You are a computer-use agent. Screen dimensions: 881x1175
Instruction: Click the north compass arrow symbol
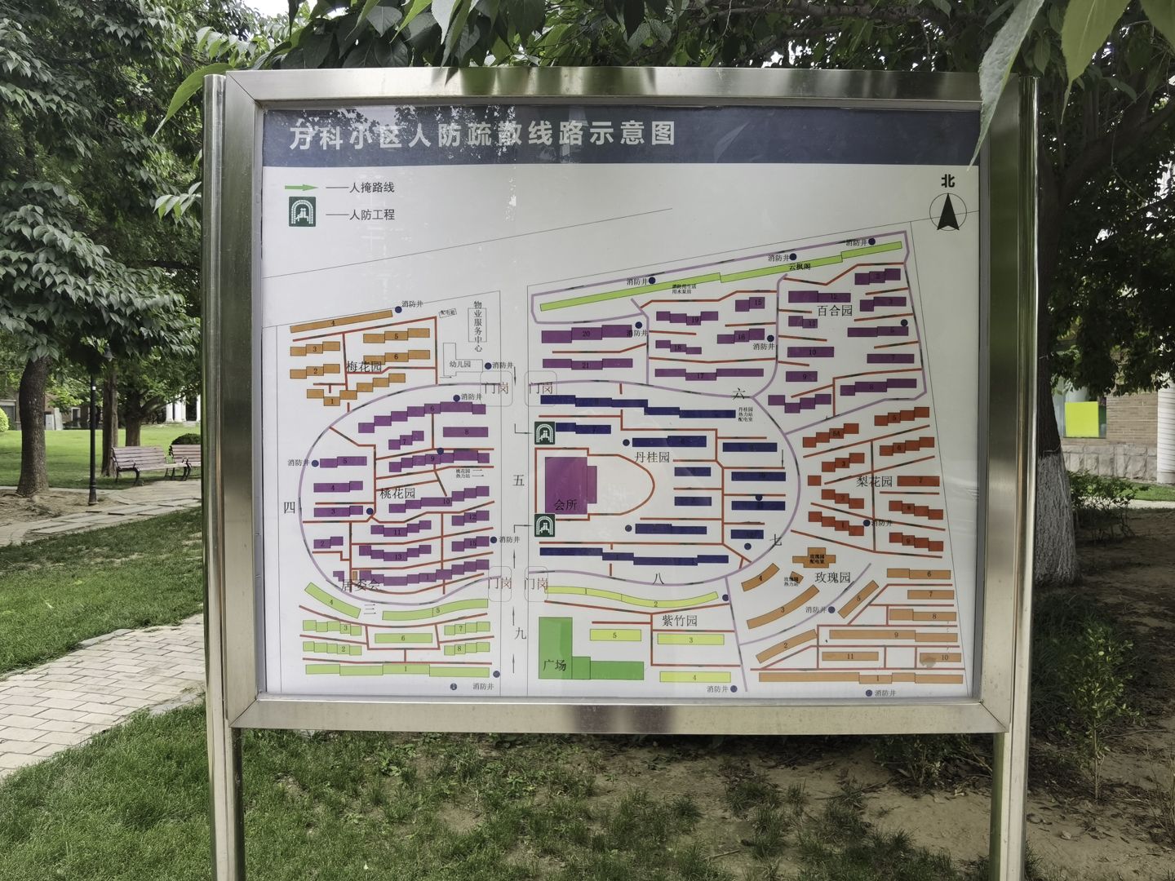[947, 214]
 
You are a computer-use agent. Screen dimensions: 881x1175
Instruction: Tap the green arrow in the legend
[302, 188]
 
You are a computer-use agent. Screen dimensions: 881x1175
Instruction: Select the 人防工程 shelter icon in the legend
[302, 215]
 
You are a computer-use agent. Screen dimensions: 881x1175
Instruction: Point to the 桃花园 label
[397, 494]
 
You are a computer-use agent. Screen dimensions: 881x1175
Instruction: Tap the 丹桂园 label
[652, 458]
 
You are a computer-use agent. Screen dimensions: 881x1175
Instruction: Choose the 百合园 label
[834, 311]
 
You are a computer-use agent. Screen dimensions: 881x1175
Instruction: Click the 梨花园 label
[875, 481]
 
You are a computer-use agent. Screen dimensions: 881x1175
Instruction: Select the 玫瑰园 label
[833, 578]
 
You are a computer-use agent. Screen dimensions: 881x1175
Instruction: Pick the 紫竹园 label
[679, 622]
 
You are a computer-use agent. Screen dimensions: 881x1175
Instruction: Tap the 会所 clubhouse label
[565, 505]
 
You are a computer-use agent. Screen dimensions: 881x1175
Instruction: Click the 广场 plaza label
[555, 665]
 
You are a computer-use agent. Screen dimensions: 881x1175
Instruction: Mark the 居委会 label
[361, 585]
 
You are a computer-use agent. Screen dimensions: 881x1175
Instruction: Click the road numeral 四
[288, 507]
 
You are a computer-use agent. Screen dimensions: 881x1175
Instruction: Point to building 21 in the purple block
[585, 365]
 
